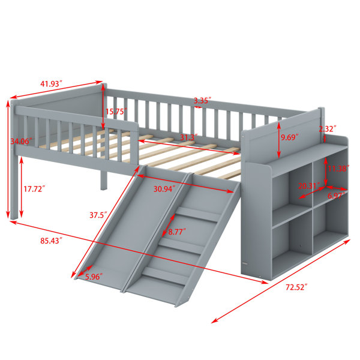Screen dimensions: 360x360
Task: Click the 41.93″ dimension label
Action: pos(51,83)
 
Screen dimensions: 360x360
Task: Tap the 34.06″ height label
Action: pos(21,141)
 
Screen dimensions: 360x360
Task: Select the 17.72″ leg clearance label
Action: pos(34,189)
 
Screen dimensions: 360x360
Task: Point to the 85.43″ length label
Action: pos(51,241)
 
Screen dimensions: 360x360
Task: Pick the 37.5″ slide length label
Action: pos(98,215)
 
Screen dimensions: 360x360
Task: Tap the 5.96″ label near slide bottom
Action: pos(94,277)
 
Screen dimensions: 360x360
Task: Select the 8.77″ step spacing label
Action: pos(177,232)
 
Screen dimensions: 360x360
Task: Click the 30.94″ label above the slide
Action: pos(164,189)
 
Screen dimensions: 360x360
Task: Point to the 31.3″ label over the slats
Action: pos(189,137)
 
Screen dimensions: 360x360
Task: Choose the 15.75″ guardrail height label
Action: pos(116,112)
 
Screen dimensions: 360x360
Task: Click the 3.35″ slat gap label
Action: pos(202,100)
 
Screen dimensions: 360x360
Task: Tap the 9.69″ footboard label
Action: pos(290,137)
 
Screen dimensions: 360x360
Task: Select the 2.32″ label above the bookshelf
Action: pos(328,128)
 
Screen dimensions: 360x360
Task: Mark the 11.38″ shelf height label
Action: pos(338,169)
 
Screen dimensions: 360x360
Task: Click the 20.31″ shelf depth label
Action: pos(309,185)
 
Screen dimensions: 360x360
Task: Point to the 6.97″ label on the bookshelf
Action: pos(336,196)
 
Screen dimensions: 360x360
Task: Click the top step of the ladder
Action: pos(199,214)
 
